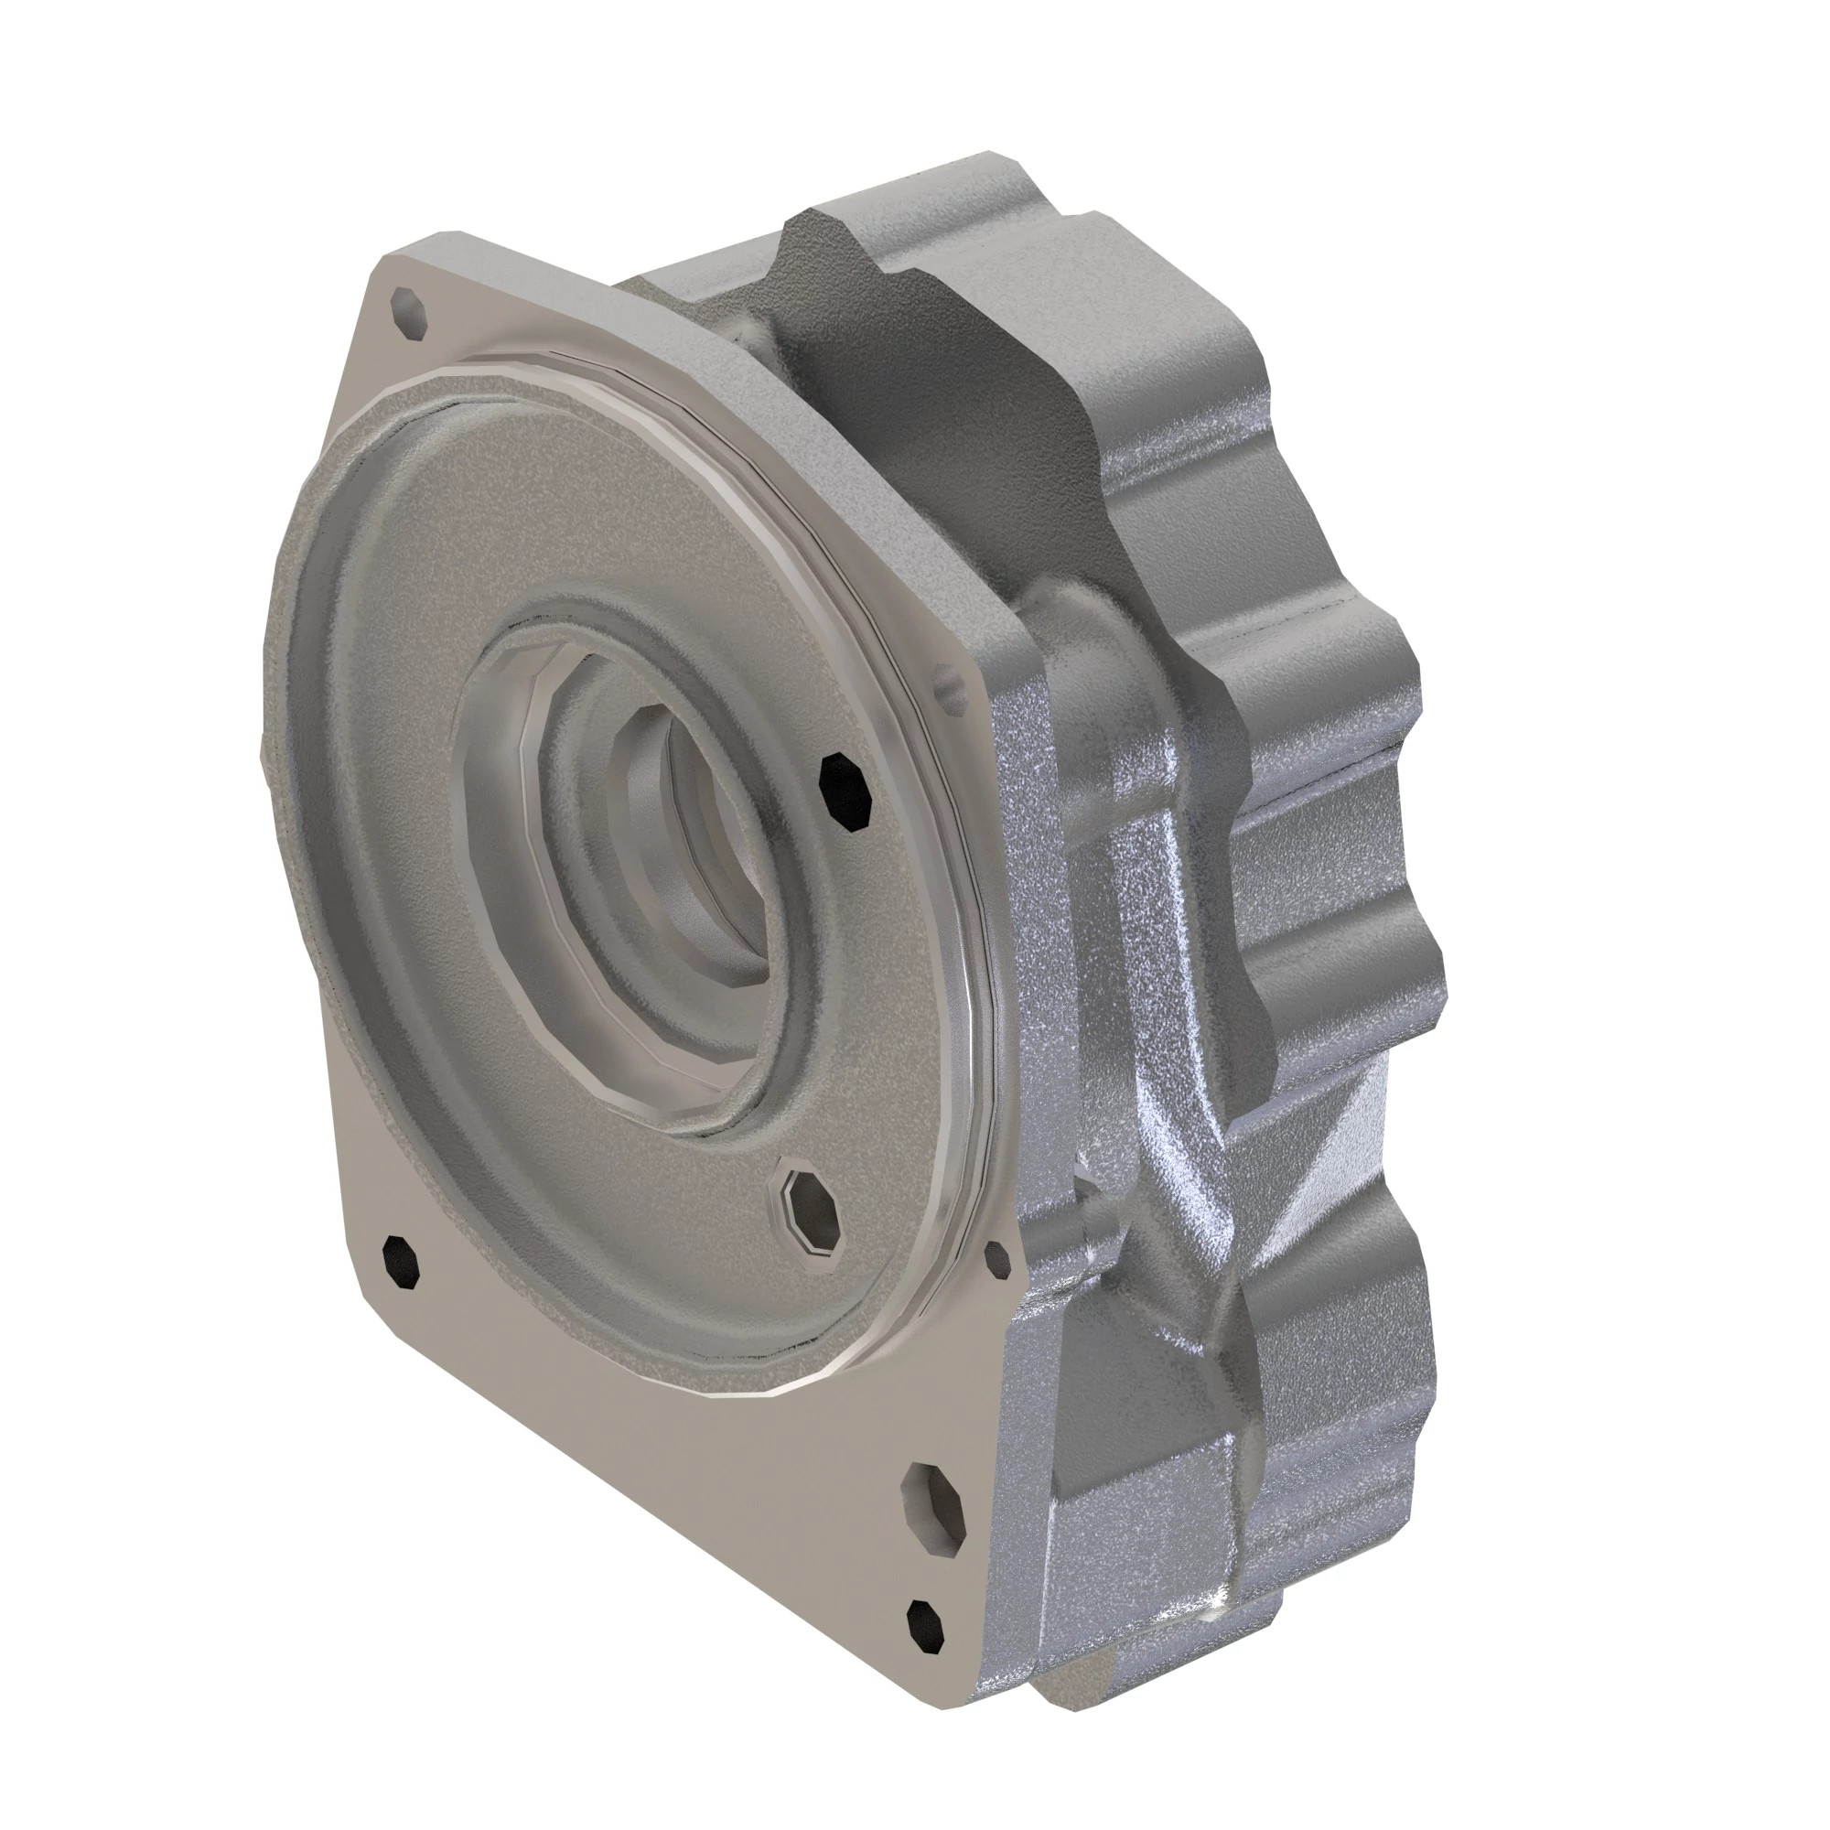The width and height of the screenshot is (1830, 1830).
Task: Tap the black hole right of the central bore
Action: tap(845, 793)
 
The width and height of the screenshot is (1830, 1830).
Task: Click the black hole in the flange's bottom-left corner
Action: tap(401, 1262)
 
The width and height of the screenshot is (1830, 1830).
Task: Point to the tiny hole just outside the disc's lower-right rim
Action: tap(998, 1258)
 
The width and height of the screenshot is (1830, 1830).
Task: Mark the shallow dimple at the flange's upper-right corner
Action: tap(947, 684)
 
